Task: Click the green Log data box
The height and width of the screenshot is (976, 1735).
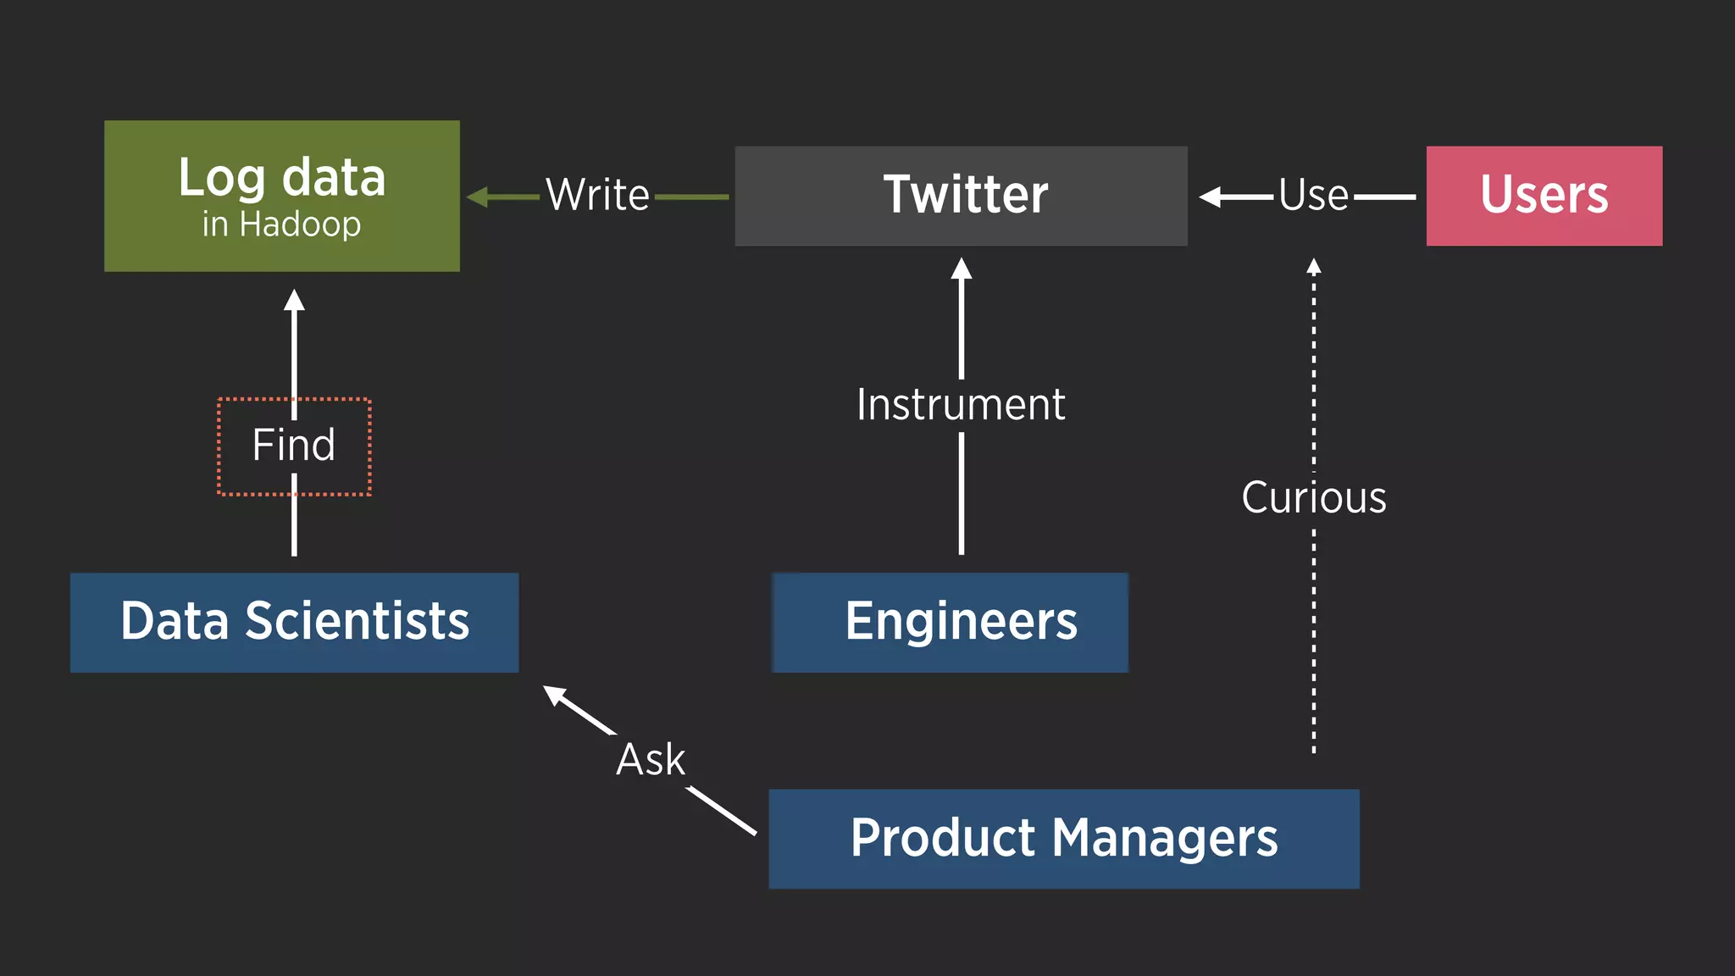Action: (x=281, y=195)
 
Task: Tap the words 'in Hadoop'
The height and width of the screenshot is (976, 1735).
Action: (x=281, y=225)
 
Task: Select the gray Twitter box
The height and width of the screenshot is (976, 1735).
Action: (x=961, y=196)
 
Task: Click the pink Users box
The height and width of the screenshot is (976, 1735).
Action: (x=1544, y=196)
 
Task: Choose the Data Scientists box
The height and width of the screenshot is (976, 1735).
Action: (x=294, y=622)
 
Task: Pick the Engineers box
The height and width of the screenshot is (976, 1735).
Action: (x=950, y=622)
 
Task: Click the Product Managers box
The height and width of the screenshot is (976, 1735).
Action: (x=1063, y=838)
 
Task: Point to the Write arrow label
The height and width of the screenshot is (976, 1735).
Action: (x=597, y=195)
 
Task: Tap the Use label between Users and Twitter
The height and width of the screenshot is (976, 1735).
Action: (x=1313, y=195)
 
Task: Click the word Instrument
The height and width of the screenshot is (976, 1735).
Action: (x=961, y=404)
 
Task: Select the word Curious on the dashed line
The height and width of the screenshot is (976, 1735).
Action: (x=1313, y=497)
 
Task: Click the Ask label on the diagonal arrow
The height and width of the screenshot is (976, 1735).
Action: (x=650, y=759)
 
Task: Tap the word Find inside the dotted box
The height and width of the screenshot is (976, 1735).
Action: (x=294, y=445)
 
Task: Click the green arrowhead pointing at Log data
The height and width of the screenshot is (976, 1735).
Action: (x=477, y=197)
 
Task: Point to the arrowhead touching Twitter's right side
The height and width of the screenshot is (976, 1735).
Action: (x=1210, y=197)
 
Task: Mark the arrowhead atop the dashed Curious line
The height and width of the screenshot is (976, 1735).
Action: (x=1314, y=266)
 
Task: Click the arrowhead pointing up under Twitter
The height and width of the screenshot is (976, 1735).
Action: (x=961, y=269)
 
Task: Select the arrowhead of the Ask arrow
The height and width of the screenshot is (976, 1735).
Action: (x=554, y=694)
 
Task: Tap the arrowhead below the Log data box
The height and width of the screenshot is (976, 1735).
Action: (x=294, y=299)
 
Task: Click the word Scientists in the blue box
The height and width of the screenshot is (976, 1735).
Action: (x=357, y=622)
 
